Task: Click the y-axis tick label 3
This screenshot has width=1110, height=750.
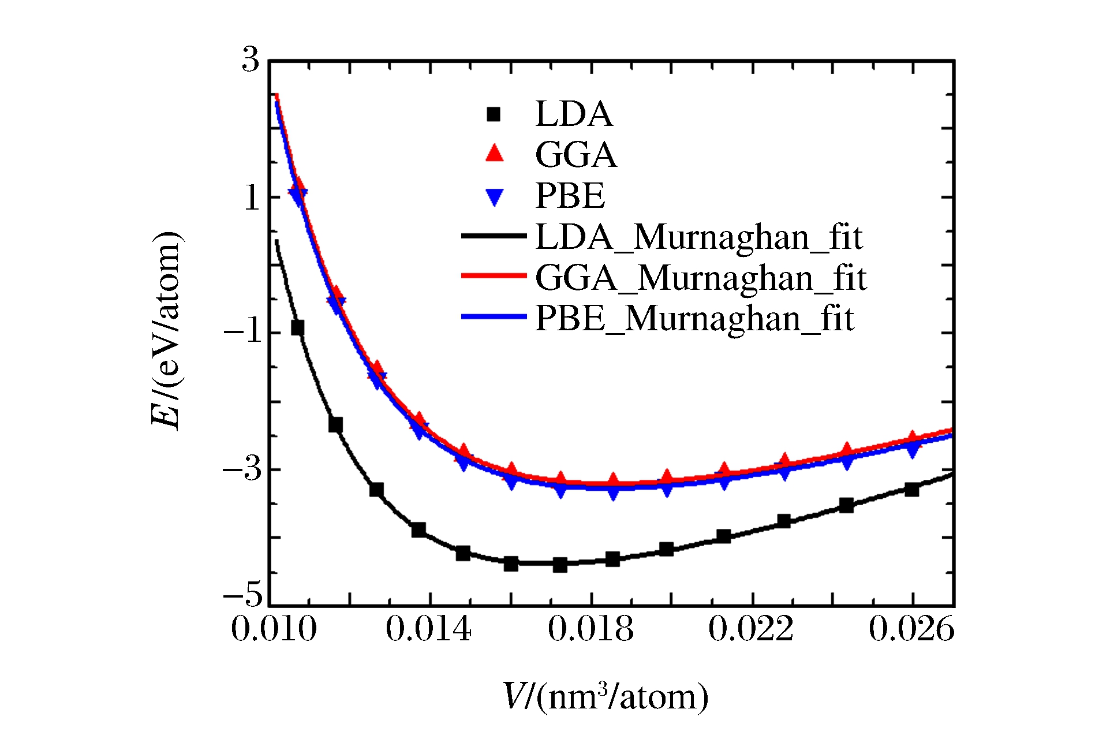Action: coord(251,59)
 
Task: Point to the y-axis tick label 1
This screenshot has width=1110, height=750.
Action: coord(252,198)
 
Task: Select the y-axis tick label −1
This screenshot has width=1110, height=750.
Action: coord(243,333)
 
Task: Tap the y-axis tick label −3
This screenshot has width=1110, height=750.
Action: coord(243,469)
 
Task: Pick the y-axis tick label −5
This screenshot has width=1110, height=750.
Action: coord(243,594)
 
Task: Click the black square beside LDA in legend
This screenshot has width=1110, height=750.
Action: coord(494,114)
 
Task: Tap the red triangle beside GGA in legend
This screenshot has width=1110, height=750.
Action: coord(495,154)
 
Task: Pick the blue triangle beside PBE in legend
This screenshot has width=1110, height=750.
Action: coord(495,197)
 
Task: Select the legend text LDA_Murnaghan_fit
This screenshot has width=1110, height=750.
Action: coord(699,237)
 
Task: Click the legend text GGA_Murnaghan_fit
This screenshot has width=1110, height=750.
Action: coord(701,278)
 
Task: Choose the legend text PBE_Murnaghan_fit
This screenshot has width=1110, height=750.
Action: coord(694,318)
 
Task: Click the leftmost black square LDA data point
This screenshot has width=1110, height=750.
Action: coord(297,328)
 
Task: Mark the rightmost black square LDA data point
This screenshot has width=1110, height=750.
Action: coord(912,490)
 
